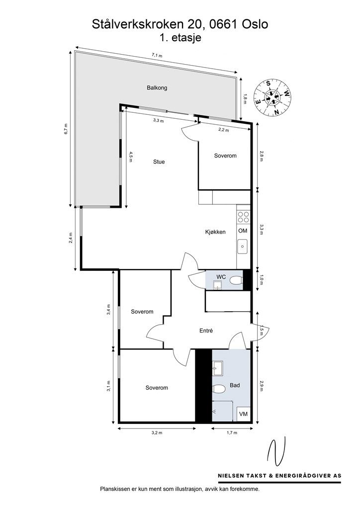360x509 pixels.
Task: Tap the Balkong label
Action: (157, 88)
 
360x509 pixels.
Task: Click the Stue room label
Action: (159, 162)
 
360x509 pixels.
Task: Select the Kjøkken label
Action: (216, 232)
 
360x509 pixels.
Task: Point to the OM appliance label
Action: (243, 231)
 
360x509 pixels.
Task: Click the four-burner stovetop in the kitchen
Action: (243, 216)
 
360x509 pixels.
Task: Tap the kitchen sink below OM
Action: (243, 246)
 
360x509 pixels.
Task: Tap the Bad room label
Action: (235, 386)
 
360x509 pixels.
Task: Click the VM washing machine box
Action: (243, 414)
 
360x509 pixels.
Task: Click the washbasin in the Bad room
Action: (218, 368)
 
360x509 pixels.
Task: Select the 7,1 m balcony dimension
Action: (157, 56)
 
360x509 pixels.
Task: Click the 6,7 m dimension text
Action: (66, 128)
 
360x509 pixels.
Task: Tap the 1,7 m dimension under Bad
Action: (231, 433)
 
